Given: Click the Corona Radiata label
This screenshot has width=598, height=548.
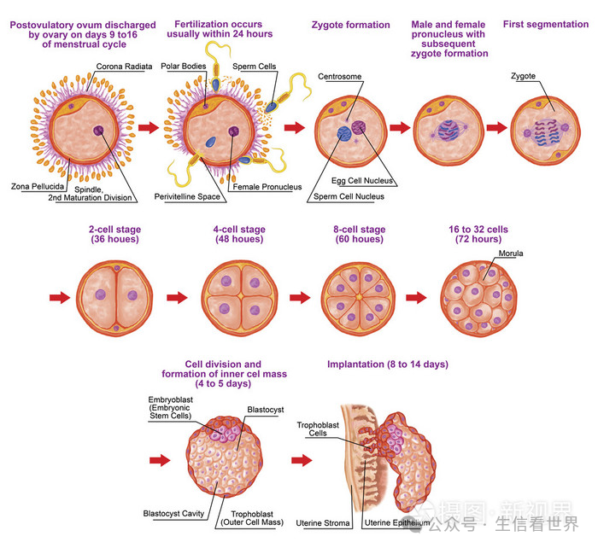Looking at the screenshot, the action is [x=124, y=67].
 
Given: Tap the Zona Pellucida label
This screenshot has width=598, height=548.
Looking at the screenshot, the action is [x=38, y=186].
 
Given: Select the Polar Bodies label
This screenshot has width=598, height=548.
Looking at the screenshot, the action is [x=184, y=66].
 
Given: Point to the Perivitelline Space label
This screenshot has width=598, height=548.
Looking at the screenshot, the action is [x=187, y=196].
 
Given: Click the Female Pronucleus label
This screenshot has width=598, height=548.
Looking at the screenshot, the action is [x=267, y=187].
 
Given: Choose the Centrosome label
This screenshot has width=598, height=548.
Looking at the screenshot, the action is [x=340, y=77].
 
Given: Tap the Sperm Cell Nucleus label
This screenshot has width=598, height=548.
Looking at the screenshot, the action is [x=349, y=196].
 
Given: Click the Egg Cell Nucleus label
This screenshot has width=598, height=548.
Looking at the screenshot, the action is [x=362, y=181].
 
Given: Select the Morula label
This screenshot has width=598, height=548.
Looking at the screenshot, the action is [x=511, y=253].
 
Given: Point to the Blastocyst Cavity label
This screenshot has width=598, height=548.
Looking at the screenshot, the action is [x=173, y=513].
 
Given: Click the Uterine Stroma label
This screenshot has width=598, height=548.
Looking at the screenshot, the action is [x=323, y=523].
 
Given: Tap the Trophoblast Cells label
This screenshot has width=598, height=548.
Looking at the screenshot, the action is [x=318, y=429].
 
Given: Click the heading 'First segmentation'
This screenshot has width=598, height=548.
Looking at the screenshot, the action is [x=546, y=25].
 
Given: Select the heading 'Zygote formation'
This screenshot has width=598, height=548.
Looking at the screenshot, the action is [x=351, y=25].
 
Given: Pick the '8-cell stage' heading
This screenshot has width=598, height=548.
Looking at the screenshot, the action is [x=360, y=230].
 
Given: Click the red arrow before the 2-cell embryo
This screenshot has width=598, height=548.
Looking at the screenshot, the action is [x=60, y=297].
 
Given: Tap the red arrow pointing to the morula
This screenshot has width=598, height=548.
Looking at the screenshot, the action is [x=416, y=297].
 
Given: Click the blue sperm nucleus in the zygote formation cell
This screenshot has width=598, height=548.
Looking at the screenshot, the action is [x=344, y=133].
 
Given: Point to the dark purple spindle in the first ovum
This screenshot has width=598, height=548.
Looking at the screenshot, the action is [x=99, y=131].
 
